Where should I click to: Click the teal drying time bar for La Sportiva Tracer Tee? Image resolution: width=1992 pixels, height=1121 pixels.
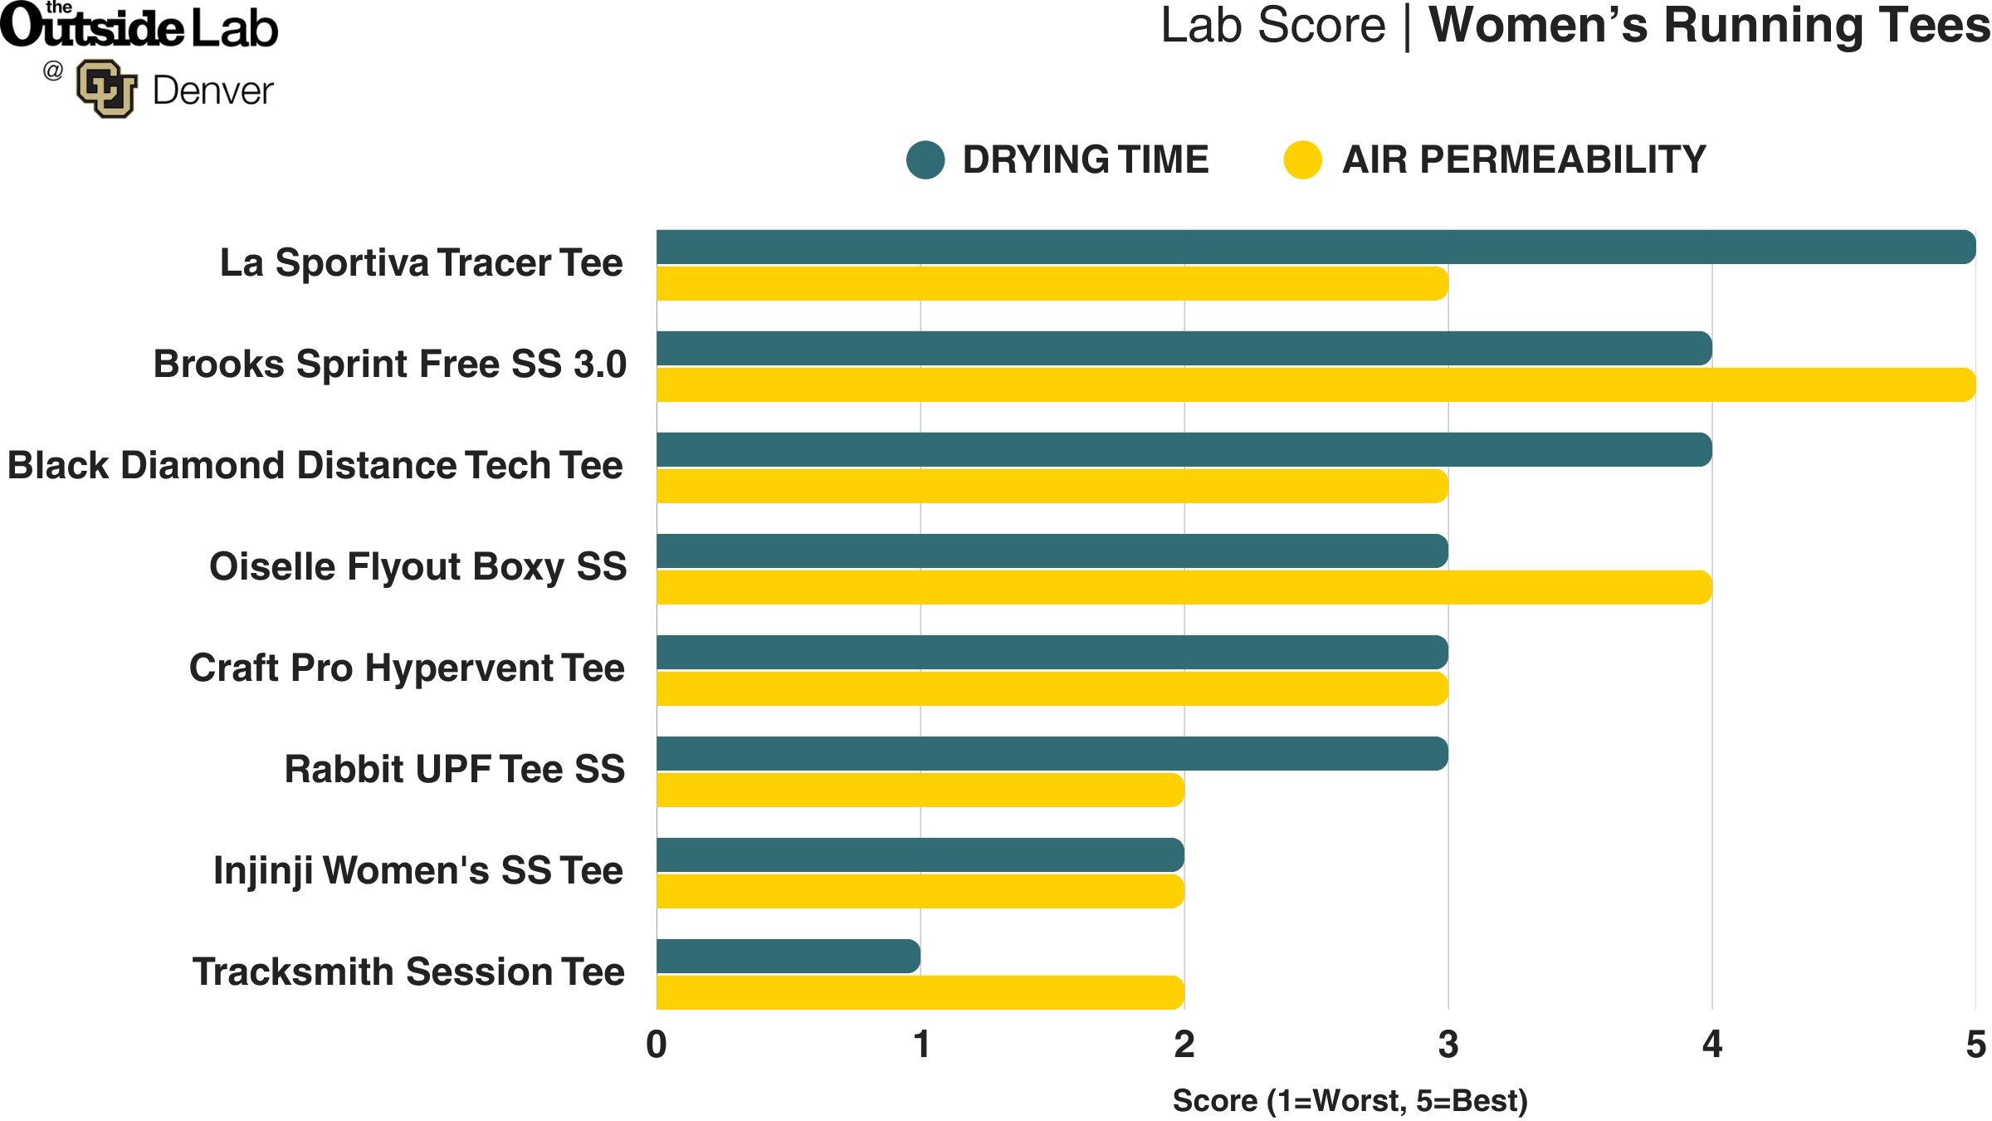1316,247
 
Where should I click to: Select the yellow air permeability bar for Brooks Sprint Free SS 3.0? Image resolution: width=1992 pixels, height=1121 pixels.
1316,385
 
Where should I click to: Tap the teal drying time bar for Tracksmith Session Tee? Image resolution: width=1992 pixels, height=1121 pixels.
788,957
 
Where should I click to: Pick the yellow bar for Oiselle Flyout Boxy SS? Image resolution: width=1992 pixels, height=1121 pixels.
1184,588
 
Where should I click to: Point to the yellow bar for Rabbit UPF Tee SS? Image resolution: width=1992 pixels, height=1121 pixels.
920,791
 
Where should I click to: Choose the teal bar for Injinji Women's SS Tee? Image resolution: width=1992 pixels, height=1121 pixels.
920,855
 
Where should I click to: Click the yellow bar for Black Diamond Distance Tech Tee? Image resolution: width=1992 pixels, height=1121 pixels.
1052,487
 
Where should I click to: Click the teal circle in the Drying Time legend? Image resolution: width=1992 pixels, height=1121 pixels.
925,160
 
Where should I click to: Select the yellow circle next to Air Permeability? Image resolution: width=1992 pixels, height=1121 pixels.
1302,160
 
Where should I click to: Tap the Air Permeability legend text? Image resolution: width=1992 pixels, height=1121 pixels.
1524,160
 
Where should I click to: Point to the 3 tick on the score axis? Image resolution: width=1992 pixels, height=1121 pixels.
1448,1045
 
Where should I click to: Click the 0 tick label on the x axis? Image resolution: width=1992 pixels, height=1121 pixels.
657,1045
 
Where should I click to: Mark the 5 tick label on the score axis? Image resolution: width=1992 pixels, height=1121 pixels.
1975,1045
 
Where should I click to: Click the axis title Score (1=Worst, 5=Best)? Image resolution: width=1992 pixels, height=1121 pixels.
1350,1101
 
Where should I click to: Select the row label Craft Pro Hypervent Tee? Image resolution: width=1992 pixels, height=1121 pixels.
407,668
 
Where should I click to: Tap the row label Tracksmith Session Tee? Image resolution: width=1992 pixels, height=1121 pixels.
408,972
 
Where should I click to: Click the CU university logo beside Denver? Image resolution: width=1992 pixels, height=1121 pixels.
106,89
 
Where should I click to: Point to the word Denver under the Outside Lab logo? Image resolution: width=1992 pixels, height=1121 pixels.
212,91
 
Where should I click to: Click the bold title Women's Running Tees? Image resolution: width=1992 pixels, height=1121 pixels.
1708,26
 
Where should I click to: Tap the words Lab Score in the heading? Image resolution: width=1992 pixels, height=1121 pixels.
1272,26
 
